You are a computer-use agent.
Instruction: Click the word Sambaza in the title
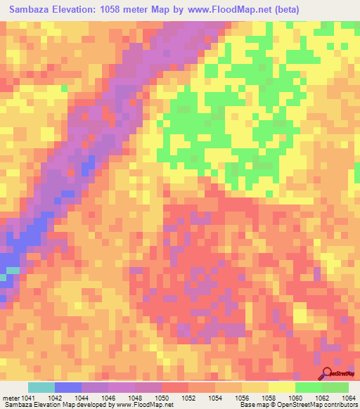(32, 10)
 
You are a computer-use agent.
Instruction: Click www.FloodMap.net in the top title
(224, 10)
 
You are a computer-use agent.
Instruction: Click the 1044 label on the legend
(82, 398)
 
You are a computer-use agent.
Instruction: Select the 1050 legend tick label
(162, 398)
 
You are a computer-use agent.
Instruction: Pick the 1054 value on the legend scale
(216, 398)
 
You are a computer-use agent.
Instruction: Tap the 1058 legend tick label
(269, 398)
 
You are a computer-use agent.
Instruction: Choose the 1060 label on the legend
(296, 398)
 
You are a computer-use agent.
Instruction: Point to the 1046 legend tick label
(109, 398)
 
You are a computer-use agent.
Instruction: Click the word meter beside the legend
(10, 398)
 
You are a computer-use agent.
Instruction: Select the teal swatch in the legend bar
(41, 387)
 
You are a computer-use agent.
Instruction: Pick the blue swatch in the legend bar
(68, 387)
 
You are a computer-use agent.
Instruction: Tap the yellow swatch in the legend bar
(282, 387)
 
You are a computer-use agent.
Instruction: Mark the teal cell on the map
(12, 270)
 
